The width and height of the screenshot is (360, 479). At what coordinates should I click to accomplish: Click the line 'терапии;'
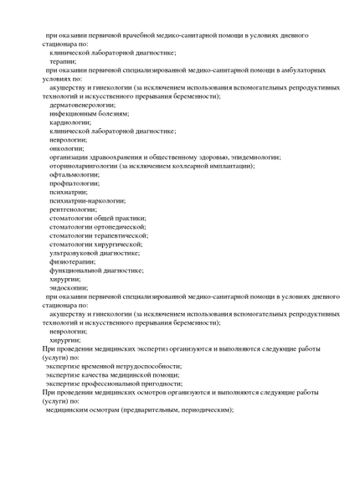64,61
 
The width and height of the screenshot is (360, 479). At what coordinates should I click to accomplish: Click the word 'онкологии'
66,148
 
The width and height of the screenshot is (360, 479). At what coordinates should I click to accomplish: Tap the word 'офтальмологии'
73,174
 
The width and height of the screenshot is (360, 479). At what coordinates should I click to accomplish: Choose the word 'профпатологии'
73,183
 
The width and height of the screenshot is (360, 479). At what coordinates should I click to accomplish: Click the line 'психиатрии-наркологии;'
87,200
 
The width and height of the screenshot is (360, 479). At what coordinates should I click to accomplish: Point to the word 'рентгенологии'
73,209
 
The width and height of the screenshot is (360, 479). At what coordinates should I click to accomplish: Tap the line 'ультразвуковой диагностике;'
95,253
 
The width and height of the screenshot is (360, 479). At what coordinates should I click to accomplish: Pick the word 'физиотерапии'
71,261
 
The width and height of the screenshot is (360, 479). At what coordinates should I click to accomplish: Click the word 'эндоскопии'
68,287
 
